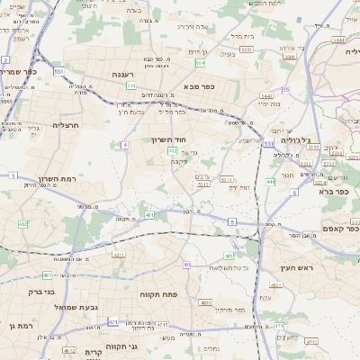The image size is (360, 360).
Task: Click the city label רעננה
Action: [124, 75]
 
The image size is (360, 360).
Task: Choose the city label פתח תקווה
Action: [157, 294]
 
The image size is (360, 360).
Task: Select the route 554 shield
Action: [200, 63]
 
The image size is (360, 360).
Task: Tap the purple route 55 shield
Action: [285, 90]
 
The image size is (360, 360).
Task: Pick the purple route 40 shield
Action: [186, 265]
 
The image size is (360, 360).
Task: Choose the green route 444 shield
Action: [270, 182]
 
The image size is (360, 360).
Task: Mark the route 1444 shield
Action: [337, 40]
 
